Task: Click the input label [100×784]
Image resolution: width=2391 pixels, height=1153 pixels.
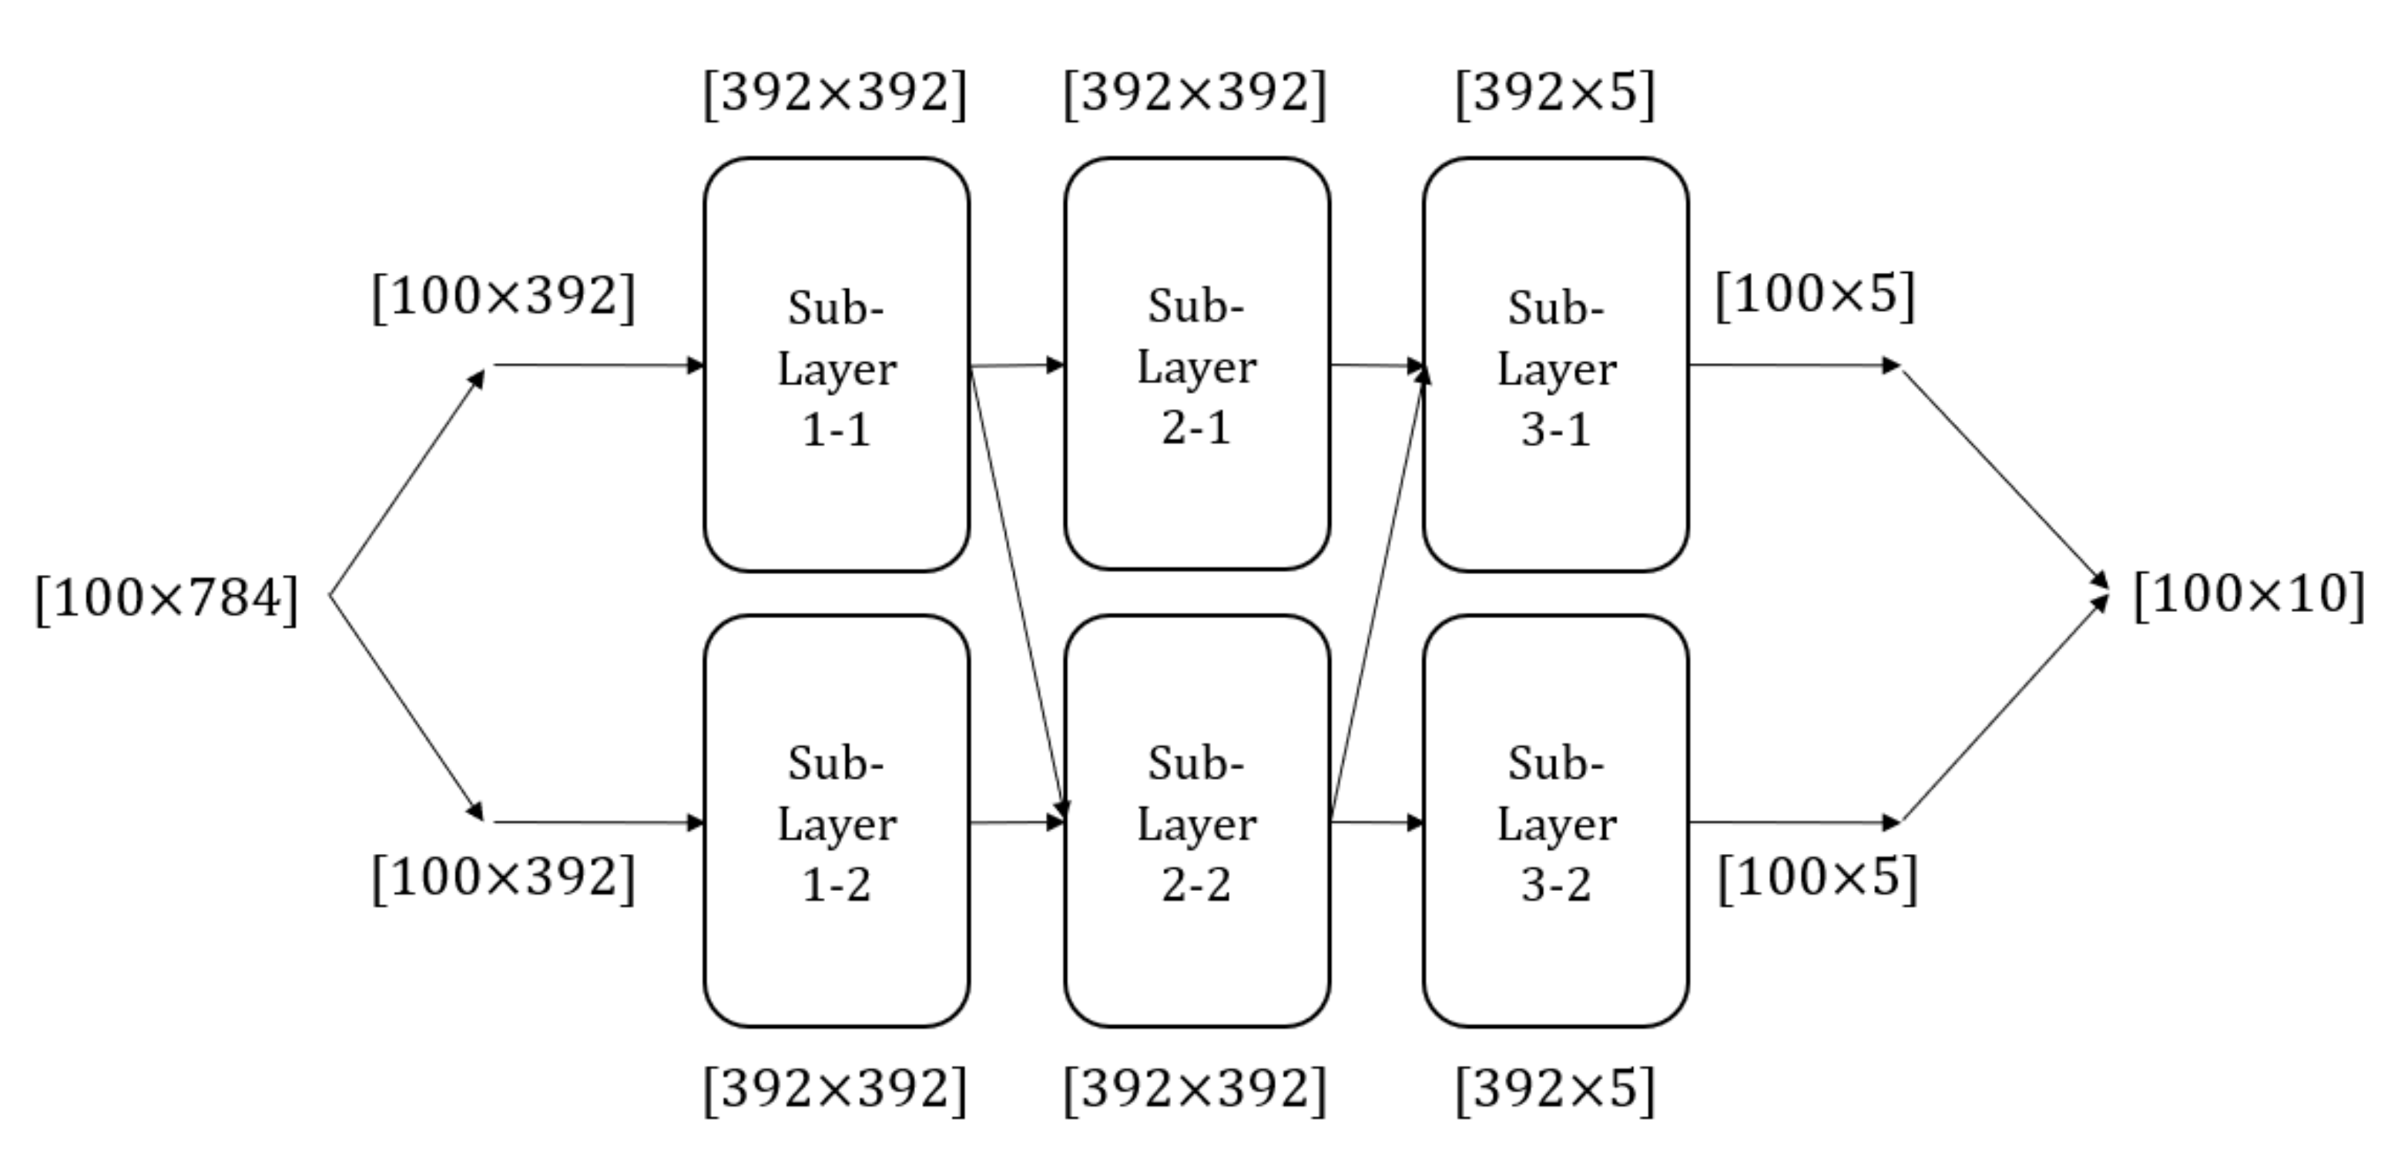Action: [x=167, y=599]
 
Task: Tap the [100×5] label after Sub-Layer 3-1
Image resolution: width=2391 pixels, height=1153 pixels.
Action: [x=1815, y=295]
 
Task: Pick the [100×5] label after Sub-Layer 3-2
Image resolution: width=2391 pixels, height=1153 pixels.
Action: [x=1817, y=877]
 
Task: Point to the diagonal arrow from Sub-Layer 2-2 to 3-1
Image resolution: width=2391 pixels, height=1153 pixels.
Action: [x=1377, y=594]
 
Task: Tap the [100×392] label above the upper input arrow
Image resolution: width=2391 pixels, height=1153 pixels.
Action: [x=503, y=297]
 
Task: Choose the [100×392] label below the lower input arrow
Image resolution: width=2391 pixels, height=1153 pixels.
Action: [x=503, y=877]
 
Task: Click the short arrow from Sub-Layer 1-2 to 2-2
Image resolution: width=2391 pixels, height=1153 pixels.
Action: [x=1015, y=822]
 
